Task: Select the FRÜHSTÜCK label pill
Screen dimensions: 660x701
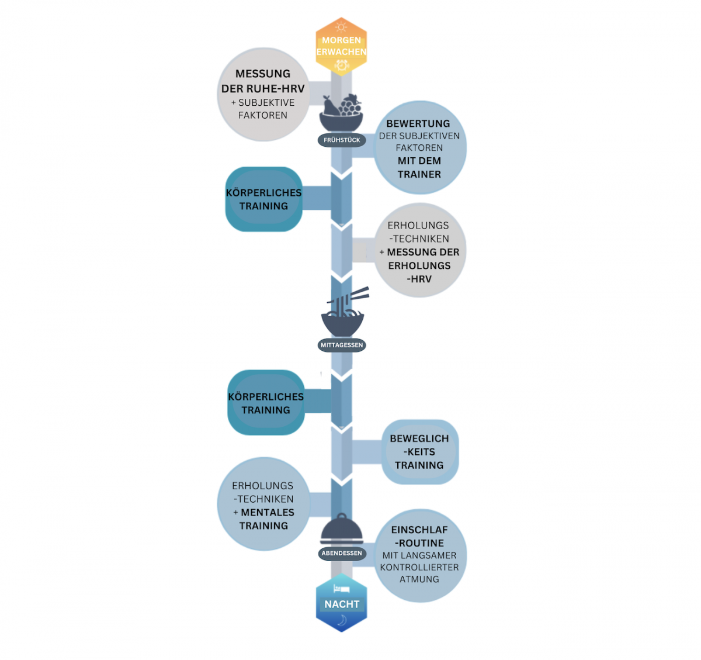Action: [x=342, y=140]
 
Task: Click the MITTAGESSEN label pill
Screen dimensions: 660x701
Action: [x=342, y=345]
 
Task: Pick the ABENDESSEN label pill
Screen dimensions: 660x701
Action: [x=342, y=553]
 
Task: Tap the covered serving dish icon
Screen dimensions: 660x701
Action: [x=342, y=530]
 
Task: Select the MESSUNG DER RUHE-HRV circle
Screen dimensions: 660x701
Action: [x=263, y=94]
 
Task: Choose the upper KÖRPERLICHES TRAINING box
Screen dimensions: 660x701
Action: [x=264, y=199]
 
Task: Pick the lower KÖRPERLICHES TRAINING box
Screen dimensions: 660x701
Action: [x=266, y=403]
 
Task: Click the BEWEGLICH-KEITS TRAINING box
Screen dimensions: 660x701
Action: [x=419, y=452]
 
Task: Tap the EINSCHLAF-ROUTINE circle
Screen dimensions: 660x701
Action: [x=419, y=554]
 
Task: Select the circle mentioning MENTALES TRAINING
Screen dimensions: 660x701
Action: [x=263, y=505]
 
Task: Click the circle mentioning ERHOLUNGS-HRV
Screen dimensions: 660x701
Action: [x=419, y=251]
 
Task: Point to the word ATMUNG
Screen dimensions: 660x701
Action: [x=419, y=579]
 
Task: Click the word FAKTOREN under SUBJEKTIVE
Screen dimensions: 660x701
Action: [x=263, y=115]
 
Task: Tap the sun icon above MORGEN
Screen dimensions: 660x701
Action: [x=341, y=27]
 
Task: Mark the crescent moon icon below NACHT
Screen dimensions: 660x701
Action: [x=342, y=620]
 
